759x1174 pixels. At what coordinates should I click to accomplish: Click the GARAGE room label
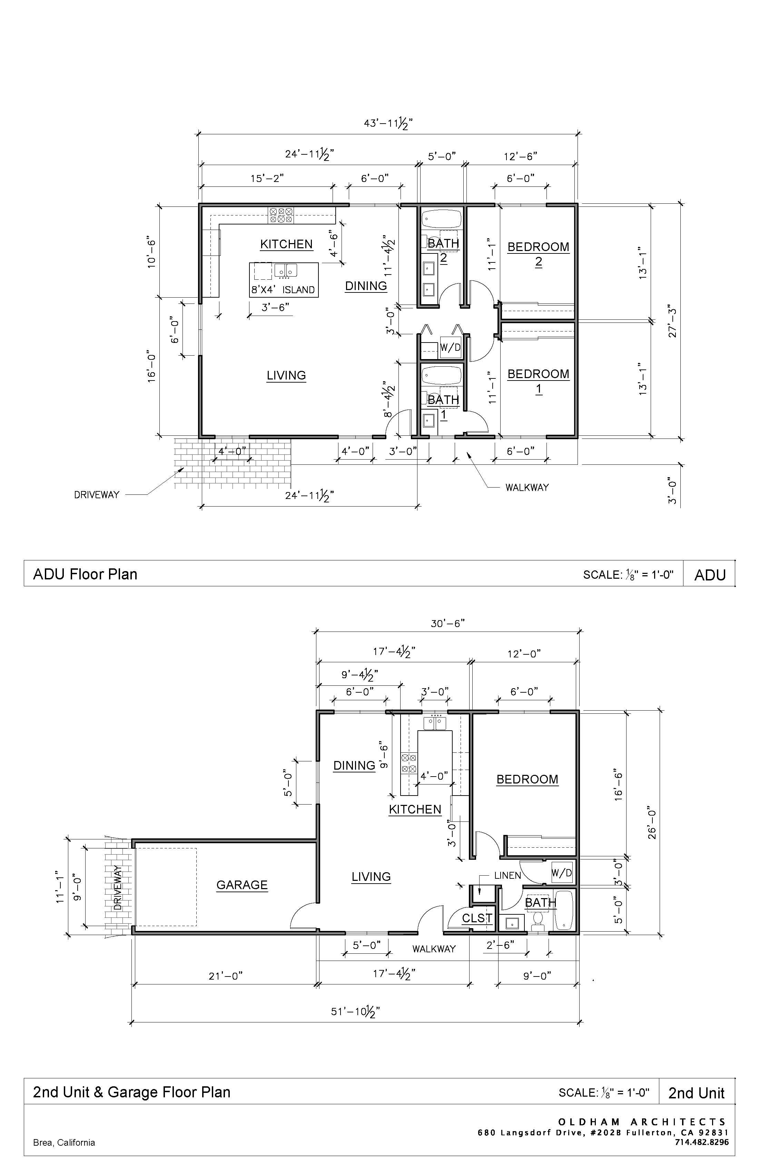[242, 885]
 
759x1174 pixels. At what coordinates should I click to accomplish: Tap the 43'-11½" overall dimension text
[388, 123]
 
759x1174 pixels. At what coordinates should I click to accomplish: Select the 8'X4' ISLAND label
[283, 290]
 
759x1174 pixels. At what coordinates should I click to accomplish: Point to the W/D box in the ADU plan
[450, 348]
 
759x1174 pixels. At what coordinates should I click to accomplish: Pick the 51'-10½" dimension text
[355, 1012]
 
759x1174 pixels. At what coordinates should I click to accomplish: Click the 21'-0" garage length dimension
[225, 976]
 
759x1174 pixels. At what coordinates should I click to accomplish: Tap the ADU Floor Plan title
[85, 574]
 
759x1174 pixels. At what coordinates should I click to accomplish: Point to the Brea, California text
[64, 1143]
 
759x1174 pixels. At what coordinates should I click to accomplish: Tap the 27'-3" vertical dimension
[672, 323]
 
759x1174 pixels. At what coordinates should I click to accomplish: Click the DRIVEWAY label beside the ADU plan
[97, 495]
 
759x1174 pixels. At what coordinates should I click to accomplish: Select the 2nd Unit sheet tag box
[697, 1093]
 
